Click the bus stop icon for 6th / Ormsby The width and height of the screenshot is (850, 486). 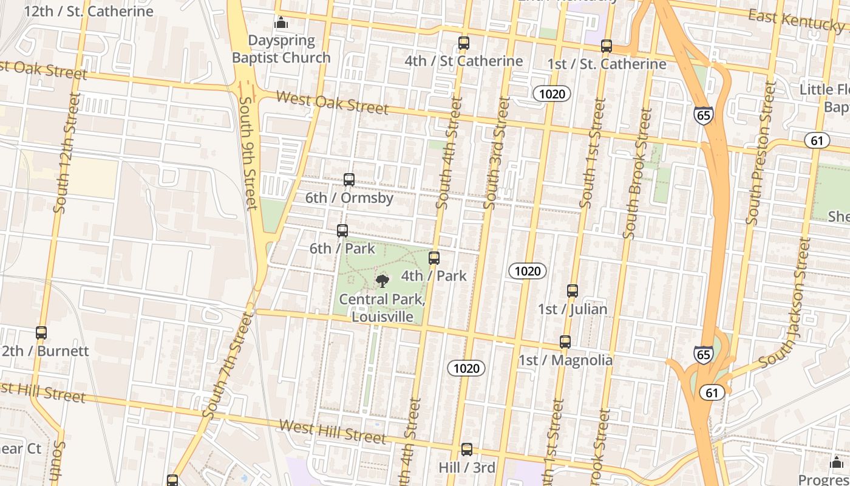tap(349, 180)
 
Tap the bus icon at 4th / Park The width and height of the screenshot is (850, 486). tap(434, 258)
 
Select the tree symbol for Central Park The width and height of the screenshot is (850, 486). tap(382, 280)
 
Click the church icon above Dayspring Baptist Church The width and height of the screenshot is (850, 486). tap(280, 23)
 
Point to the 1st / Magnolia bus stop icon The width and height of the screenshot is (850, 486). tap(565, 342)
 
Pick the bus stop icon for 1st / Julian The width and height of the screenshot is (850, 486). tap(573, 291)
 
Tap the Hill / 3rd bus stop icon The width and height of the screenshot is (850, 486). tap(466, 450)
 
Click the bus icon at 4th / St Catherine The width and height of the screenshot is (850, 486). tap(464, 43)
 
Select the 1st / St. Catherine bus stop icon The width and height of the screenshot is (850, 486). tap(606, 46)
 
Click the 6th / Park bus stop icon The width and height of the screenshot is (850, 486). tap(342, 231)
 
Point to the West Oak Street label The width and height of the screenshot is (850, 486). tap(332, 103)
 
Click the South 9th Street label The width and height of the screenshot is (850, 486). tap(249, 152)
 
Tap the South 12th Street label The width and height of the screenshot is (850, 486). tap(67, 152)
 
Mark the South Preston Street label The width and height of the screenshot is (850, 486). tap(761, 153)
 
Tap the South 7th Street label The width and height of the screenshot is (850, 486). tap(226, 365)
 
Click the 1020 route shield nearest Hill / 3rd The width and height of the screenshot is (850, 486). tap(466, 368)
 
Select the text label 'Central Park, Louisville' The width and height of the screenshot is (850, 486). tap(382, 308)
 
